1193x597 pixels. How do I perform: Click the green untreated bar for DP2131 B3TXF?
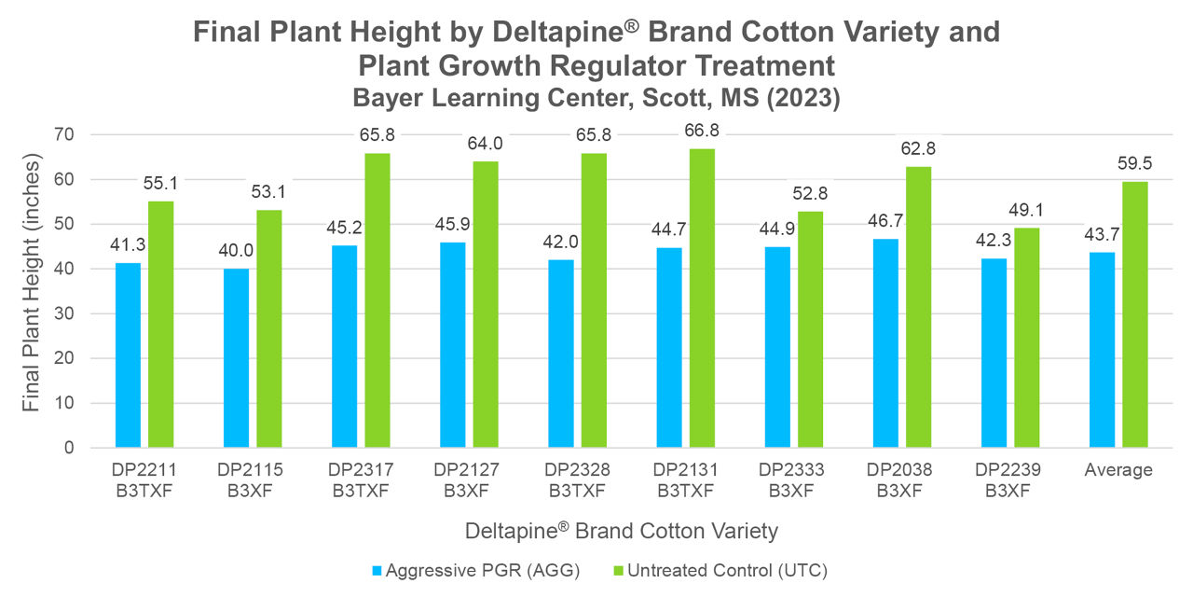click(x=703, y=298)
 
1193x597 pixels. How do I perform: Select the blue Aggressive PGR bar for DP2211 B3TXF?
click(x=128, y=355)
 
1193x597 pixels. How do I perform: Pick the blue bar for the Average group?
click(x=1102, y=350)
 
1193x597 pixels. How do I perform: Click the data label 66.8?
click(x=703, y=131)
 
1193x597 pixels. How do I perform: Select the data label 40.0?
click(x=236, y=251)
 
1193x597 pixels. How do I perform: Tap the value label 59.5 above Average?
click(x=1135, y=163)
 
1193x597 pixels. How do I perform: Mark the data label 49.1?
click(x=1026, y=210)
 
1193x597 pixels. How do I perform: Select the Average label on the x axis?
click(x=1118, y=470)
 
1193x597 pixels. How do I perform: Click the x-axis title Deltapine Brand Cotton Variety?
click(x=621, y=531)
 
